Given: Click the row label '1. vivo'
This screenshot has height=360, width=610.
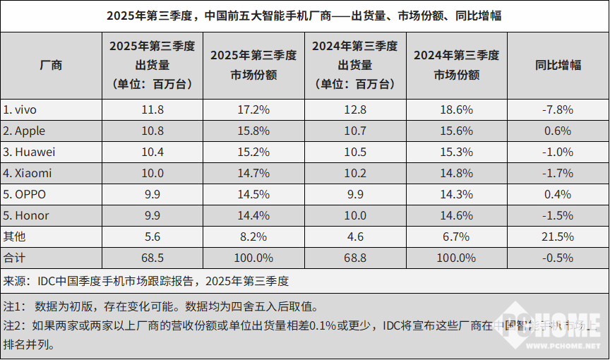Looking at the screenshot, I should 20,109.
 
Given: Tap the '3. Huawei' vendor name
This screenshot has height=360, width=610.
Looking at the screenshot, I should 29,152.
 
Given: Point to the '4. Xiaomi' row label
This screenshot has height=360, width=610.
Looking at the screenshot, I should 28,173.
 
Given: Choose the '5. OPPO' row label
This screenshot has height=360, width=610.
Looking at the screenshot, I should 25,194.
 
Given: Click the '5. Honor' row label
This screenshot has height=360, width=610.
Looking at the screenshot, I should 26,215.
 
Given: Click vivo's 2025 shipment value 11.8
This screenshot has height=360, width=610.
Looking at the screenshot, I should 152,109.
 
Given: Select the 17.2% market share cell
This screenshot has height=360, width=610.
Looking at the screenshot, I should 253,109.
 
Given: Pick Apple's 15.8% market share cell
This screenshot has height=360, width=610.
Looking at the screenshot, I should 253,131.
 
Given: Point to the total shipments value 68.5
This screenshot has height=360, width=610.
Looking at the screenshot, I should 152,258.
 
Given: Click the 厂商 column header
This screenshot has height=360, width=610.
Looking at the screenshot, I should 51,65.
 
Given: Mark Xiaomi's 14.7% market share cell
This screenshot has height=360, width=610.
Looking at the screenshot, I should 253,173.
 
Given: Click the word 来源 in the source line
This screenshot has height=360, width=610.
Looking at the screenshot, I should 14,281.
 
